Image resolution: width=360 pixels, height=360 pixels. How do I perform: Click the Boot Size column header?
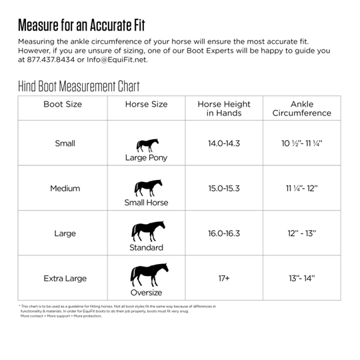[x=63, y=105]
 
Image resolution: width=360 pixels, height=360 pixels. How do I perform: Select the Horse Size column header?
[x=146, y=105]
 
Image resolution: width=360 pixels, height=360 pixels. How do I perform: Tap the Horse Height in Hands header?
[x=224, y=109]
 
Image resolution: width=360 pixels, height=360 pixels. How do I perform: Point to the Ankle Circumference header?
[x=301, y=109]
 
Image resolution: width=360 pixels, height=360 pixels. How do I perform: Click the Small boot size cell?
[x=65, y=143]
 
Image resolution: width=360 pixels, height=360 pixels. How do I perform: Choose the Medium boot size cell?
[x=65, y=189]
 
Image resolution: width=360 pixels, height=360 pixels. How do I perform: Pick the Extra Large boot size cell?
[x=65, y=279]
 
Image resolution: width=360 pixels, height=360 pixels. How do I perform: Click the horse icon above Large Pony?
[x=147, y=145]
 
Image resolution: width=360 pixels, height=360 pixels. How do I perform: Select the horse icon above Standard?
[x=146, y=231]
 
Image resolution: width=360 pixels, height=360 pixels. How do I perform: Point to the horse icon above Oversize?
[x=146, y=275]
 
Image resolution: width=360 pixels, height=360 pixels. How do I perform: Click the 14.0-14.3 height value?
[x=224, y=143]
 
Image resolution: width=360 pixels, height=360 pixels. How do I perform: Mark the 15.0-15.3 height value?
[x=224, y=189]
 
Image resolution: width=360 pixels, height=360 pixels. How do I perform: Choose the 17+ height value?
[x=224, y=279]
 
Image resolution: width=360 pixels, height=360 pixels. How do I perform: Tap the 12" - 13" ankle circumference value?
[x=301, y=234]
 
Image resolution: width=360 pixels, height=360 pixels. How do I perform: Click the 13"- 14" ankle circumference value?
[x=301, y=279]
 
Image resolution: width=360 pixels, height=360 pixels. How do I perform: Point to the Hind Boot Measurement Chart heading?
[x=79, y=87]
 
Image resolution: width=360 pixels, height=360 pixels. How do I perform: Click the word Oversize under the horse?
[x=146, y=293]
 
